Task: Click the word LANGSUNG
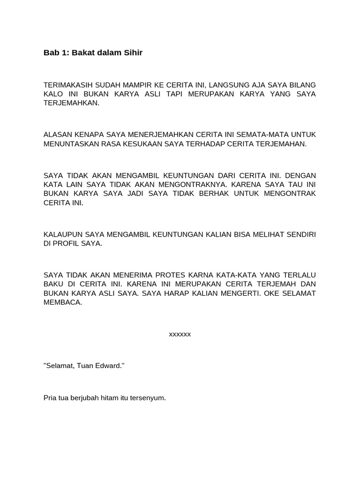coord(229,85)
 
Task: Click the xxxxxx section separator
coord(180,334)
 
